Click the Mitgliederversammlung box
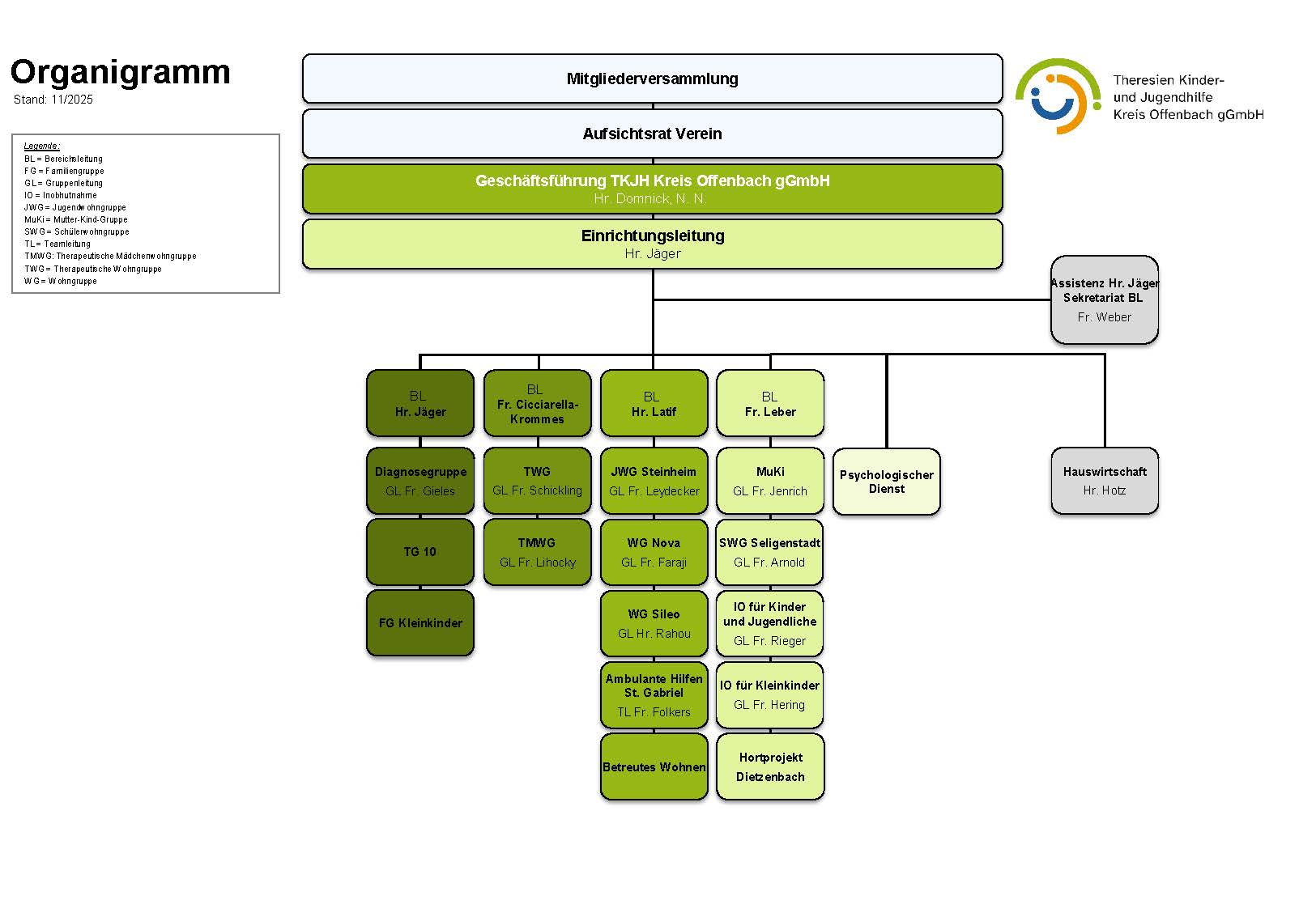pos(652,79)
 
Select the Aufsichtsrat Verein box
pos(652,134)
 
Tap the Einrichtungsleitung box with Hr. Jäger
pos(652,244)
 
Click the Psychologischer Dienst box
pos(886,482)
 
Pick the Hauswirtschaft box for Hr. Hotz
pos(1104,481)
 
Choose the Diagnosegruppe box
pos(420,481)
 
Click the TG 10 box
pos(420,552)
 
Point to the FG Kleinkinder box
pos(420,623)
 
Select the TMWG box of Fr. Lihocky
pos(537,552)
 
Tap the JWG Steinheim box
pos(654,481)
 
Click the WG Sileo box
pos(654,623)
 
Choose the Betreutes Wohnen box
pos(654,766)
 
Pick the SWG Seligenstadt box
pos(769,552)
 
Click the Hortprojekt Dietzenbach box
pos(770,766)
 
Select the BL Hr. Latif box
pos(654,404)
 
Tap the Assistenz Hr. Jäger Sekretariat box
pos(1104,300)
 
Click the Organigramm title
pos(121,72)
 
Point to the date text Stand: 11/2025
pos(53,100)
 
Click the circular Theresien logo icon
pos(1057,96)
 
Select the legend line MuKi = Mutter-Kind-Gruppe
pos(76,219)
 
